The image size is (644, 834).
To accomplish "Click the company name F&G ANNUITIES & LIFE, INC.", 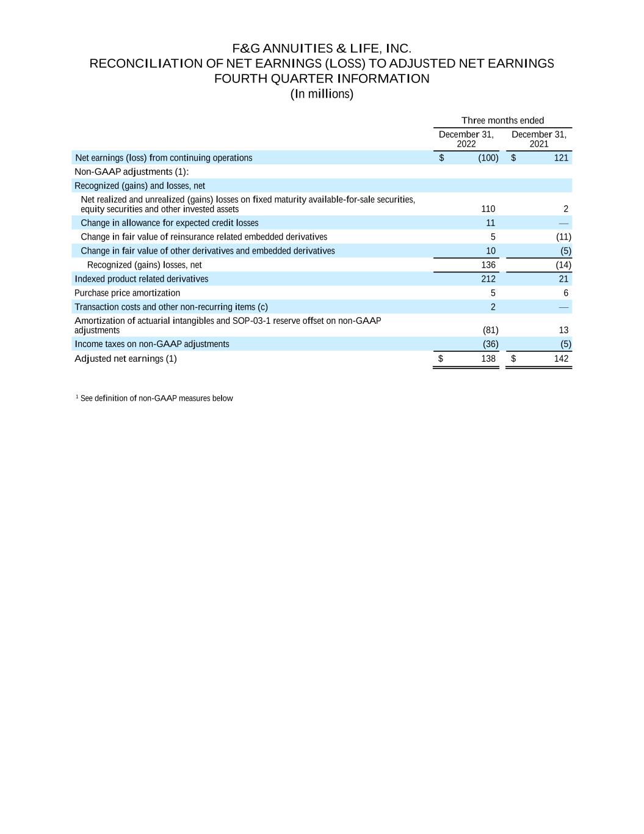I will (x=322, y=48).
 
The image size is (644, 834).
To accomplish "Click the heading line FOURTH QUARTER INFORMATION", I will (x=322, y=79).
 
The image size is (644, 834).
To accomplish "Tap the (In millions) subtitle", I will (x=322, y=94).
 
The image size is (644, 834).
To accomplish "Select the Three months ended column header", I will (x=502, y=120).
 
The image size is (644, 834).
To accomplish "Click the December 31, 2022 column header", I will (x=466, y=139).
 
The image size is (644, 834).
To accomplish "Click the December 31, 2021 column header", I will (x=538, y=139).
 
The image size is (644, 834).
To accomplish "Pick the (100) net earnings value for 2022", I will (x=488, y=158).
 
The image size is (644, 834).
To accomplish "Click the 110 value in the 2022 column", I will (x=488, y=209).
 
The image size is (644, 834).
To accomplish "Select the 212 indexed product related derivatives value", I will (x=488, y=279).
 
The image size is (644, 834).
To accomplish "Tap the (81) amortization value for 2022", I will (x=490, y=331).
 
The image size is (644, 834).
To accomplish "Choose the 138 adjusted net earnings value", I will (x=488, y=359).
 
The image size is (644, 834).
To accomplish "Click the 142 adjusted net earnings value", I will (x=561, y=359).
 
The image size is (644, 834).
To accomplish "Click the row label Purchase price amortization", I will (x=127, y=293).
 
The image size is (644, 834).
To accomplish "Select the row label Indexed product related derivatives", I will (x=141, y=279).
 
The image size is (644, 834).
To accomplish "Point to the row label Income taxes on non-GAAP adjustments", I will (x=151, y=344).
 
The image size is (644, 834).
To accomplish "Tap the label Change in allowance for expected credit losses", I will (x=169, y=223).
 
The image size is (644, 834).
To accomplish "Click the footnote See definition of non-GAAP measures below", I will (x=156, y=398).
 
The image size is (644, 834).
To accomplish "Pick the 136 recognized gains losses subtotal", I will (x=488, y=265).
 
